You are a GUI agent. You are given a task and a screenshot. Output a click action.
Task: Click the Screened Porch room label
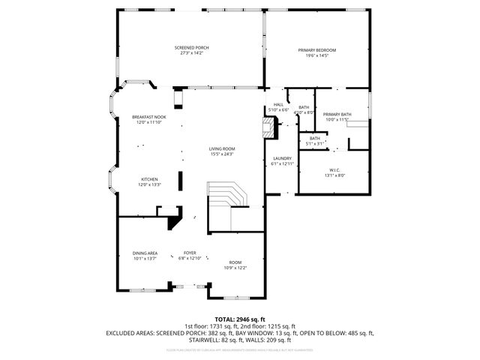click(191, 48)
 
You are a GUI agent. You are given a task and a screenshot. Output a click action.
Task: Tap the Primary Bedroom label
click(316, 50)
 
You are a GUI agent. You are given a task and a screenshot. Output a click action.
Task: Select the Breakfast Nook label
click(149, 117)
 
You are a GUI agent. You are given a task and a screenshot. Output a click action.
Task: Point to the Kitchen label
click(149, 179)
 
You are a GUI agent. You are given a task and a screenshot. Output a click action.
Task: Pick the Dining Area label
click(145, 253)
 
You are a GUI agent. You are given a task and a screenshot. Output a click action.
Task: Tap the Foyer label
click(190, 253)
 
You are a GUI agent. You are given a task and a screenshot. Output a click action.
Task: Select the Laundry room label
click(282, 158)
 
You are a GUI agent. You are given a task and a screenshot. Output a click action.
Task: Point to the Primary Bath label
click(337, 114)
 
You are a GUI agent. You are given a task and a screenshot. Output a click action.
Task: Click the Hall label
click(278, 104)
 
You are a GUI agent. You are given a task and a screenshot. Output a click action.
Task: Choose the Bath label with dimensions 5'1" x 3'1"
click(315, 138)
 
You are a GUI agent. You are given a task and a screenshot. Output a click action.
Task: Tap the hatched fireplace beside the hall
click(268, 126)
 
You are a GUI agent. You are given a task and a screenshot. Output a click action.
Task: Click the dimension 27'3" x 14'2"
click(191, 53)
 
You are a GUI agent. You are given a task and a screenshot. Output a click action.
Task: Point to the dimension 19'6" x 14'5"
click(316, 55)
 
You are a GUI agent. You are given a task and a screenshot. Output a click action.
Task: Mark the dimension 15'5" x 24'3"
click(222, 154)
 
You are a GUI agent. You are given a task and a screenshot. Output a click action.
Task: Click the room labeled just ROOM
click(235, 262)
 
